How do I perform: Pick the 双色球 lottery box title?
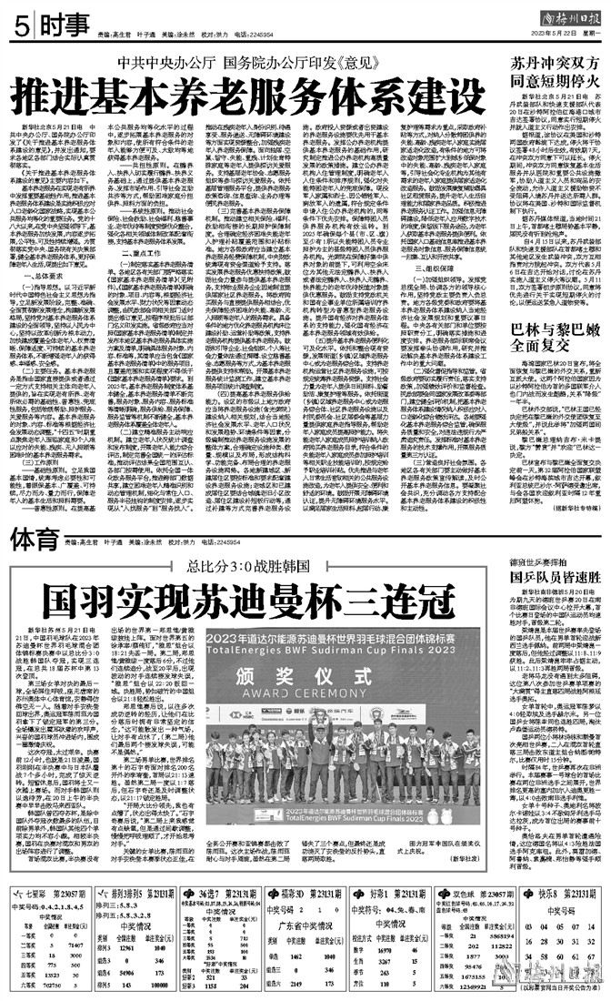pyautogui.click(x=472, y=869)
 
